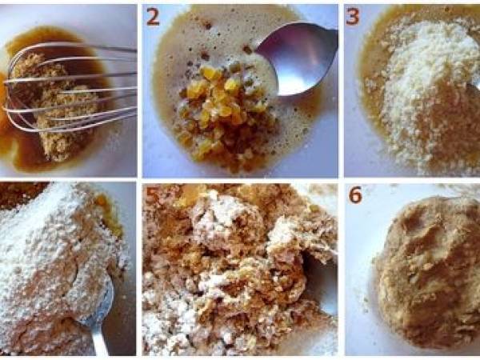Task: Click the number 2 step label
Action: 153,17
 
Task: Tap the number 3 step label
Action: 352,17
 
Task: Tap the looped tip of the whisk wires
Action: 9,104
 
